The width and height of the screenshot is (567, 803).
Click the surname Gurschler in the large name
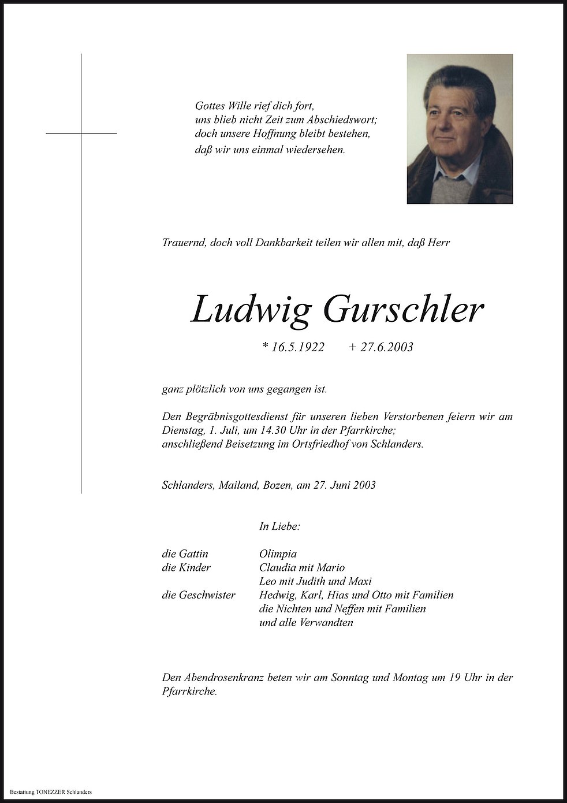pyautogui.click(x=404, y=310)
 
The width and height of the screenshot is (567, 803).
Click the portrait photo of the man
pyautogui.click(x=460, y=129)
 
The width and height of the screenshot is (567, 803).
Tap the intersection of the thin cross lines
pyautogui.click(x=81, y=133)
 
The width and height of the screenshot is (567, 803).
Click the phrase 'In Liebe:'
pyautogui.click(x=279, y=526)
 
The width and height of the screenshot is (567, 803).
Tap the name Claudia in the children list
pyautogui.click(x=279, y=567)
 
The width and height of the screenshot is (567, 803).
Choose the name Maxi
pyautogui.click(x=360, y=581)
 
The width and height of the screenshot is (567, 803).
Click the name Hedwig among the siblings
pyautogui.click(x=278, y=595)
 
